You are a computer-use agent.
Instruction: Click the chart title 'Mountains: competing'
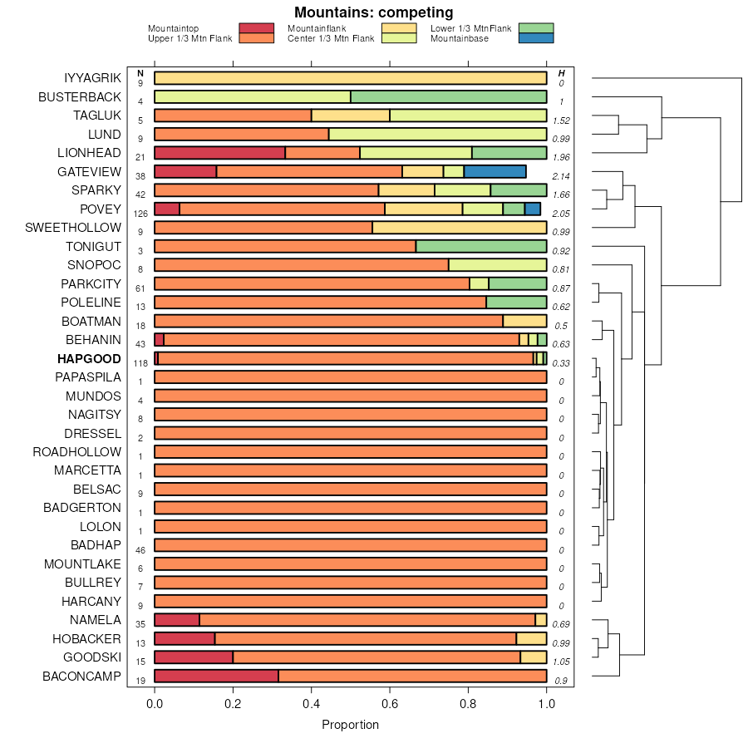pyautogui.click(x=373, y=12)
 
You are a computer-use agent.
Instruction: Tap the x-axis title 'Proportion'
pyautogui.click(x=350, y=725)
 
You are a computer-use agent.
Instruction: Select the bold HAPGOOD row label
pyautogui.click(x=89, y=359)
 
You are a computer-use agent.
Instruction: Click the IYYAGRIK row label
pyautogui.click(x=92, y=78)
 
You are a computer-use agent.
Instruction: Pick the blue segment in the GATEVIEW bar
pyautogui.click(x=495, y=172)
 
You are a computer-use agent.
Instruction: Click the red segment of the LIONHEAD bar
pyautogui.click(x=219, y=153)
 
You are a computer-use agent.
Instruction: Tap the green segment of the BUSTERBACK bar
pyautogui.click(x=449, y=97)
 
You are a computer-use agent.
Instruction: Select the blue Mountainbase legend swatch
pyautogui.click(x=535, y=38)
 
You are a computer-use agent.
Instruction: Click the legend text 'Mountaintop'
pyautogui.click(x=173, y=29)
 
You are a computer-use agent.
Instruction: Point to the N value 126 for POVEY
pyautogui.click(x=140, y=214)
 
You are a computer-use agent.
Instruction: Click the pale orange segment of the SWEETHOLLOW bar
pyautogui.click(x=460, y=228)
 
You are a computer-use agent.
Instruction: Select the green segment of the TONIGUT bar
pyautogui.click(x=481, y=247)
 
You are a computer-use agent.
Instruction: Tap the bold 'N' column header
pyautogui.click(x=140, y=73)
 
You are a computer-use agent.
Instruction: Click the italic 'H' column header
pyautogui.click(x=562, y=73)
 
